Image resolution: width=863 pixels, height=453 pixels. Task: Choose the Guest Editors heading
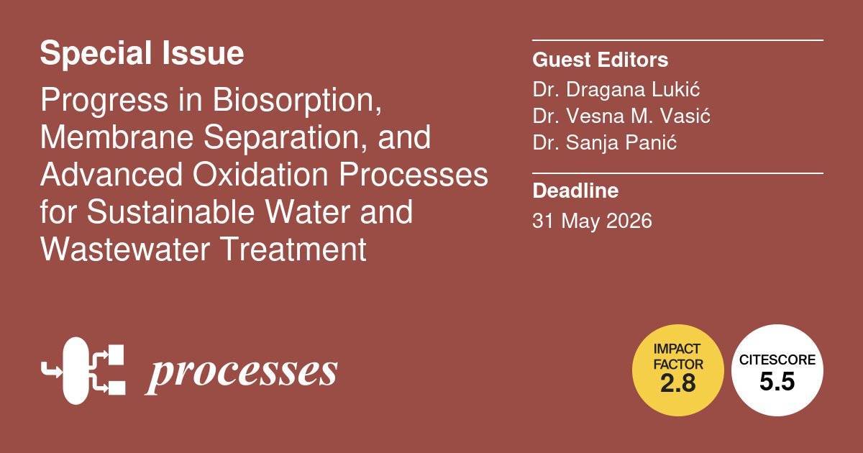click(x=600, y=60)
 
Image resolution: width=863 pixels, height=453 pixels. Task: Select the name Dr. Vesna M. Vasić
click(x=621, y=116)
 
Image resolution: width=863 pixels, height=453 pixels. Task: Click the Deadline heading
click(x=575, y=191)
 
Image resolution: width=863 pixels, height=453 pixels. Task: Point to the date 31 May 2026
click(x=592, y=221)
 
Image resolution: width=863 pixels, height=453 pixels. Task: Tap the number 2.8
click(x=677, y=384)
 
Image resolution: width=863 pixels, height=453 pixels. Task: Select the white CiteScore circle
click(x=777, y=370)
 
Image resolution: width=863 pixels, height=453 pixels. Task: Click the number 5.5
click(x=777, y=383)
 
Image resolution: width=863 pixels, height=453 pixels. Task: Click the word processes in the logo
click(x=242, y=372)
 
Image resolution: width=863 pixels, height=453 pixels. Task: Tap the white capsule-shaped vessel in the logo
click(x=76, y=370)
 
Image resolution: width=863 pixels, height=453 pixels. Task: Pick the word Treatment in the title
click(x=296, y=250)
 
